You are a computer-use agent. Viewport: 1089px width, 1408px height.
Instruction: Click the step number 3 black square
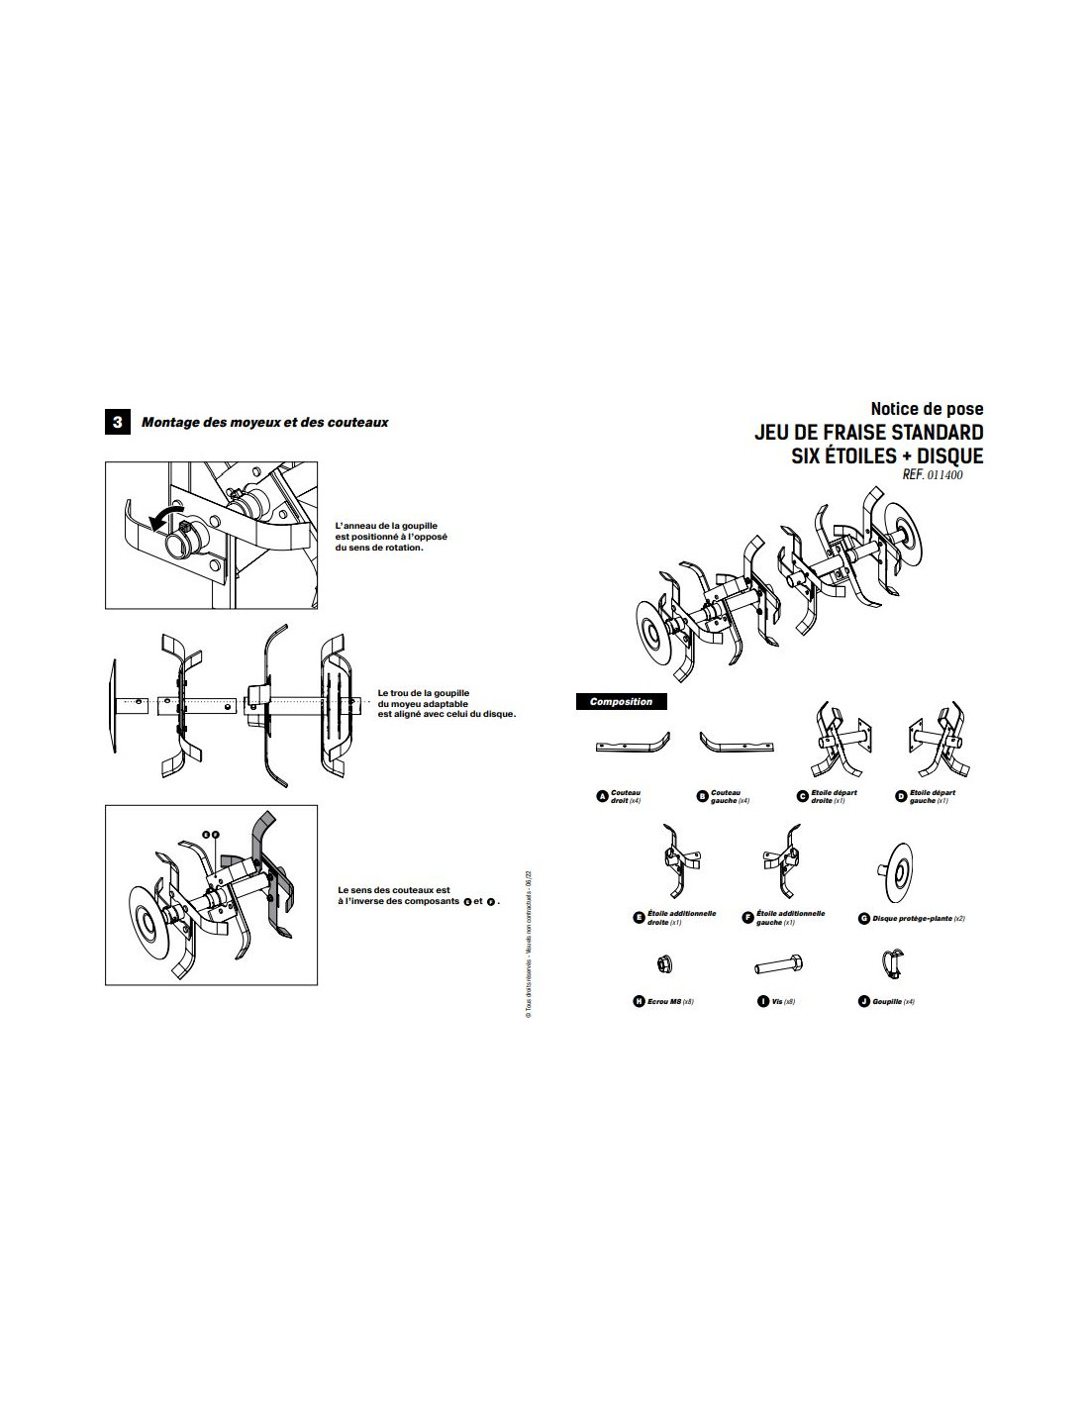coord(117,423)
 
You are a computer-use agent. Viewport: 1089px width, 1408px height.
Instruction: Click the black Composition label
coord(621,702)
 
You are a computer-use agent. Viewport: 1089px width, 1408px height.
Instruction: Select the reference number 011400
coord(944,475)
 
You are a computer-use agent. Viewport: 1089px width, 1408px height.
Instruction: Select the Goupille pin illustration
coord(890,962)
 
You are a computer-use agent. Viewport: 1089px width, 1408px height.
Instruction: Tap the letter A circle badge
coord(601,796)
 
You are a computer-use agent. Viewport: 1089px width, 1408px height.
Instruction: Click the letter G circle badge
coord(864,919)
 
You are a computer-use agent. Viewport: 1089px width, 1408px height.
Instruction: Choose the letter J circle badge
coord(864,1001)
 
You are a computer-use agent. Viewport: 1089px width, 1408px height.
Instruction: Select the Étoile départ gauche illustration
coord(935,743)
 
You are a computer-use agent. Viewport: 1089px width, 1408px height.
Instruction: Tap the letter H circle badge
coord(639,1001)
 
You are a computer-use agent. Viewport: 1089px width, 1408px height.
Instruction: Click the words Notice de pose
coord(927,408)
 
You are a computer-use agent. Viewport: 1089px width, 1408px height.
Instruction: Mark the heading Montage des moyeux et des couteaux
coord(264,423)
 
